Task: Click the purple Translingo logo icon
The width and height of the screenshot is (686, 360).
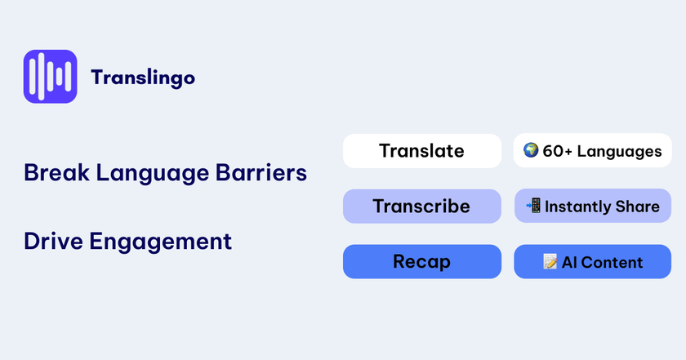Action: coord(51,77)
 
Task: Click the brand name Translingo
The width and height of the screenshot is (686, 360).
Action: coord(143,78)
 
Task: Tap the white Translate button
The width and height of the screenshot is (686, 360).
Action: coord(422,151)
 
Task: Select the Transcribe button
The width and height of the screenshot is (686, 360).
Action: coord(422,206)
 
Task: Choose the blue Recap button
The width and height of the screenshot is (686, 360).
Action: coord(422,261)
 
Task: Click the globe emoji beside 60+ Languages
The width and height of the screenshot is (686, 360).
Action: coord(531,150)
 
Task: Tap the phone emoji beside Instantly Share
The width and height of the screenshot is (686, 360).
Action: coord(533,205)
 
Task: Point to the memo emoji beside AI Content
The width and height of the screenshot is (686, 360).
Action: coord(550,261)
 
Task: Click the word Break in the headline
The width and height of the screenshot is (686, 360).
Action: coord(56,172)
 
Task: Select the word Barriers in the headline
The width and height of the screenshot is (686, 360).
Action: coord(261,172)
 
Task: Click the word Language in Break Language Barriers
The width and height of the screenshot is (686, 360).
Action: coord(152,174)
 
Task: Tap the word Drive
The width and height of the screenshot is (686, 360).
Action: coord(53,241)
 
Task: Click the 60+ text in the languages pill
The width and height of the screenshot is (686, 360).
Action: coord(557,151)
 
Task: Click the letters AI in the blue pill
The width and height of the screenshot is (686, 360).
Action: coord(569,263)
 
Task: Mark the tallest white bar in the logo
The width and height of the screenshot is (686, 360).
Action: coord(41,77)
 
